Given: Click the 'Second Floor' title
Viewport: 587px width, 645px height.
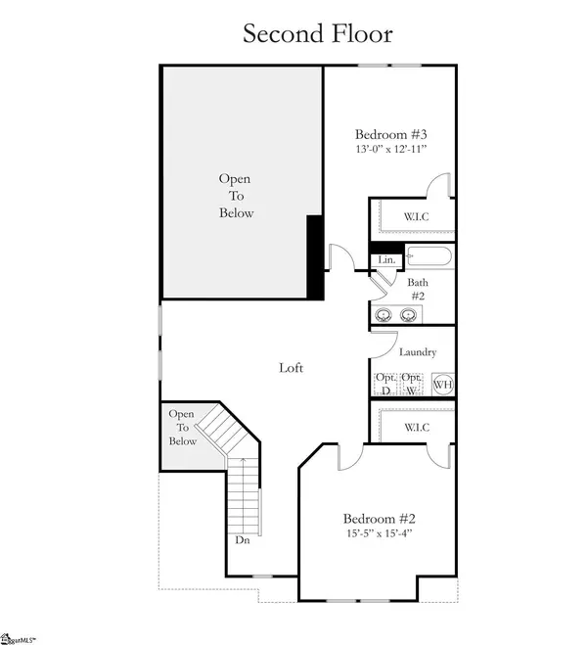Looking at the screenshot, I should [318, 33].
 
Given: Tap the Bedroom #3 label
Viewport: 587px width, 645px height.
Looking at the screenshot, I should [391, 134].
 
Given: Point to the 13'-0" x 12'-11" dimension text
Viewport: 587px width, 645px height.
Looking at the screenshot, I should [391, 150].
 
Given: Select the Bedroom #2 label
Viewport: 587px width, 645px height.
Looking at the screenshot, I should [381, 519].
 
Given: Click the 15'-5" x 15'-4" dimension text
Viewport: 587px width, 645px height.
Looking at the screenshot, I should [381, 534].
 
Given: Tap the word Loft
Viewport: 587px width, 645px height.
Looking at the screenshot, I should [291, 368].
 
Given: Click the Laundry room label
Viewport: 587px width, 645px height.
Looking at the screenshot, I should [418, 352].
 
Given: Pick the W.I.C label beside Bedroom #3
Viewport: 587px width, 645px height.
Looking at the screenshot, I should [416, 215].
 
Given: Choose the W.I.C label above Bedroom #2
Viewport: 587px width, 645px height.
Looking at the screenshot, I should [416, 428].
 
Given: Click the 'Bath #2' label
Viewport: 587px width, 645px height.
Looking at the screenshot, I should [418, 288].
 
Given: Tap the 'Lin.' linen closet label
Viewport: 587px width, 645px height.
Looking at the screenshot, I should [387, 259].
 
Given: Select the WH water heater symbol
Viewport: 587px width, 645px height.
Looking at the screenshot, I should [442, 385].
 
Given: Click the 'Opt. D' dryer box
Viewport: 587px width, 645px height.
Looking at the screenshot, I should [385, 384].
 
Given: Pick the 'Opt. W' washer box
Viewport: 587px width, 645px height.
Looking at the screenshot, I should [411, 384].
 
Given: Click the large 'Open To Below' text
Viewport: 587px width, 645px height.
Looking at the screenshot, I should [236, 196].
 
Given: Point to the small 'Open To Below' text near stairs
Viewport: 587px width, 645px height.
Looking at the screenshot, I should [183, 428].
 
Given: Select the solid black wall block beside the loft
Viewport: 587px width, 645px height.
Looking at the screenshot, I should [315, 256].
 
